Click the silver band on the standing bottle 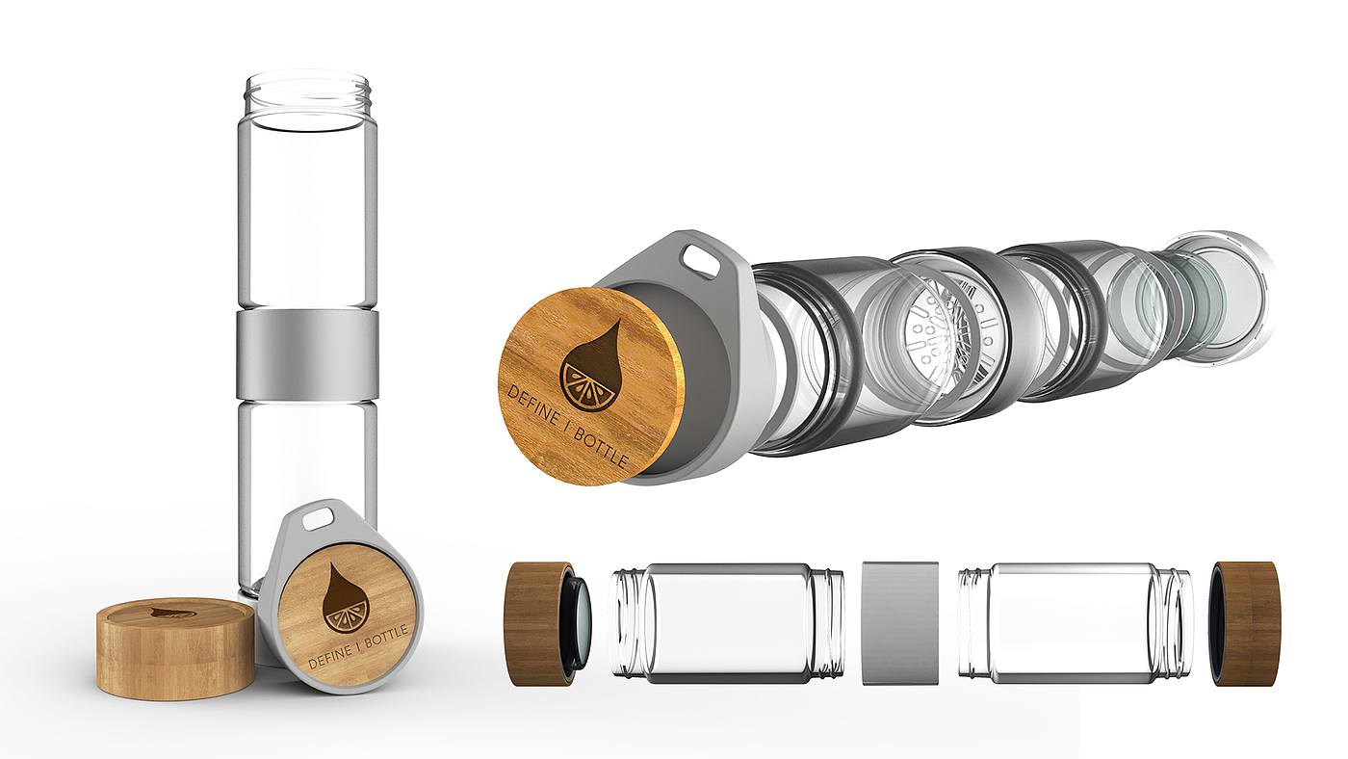click(307, 355)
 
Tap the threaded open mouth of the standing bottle click(307, 95)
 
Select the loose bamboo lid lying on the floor click(175, 647)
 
